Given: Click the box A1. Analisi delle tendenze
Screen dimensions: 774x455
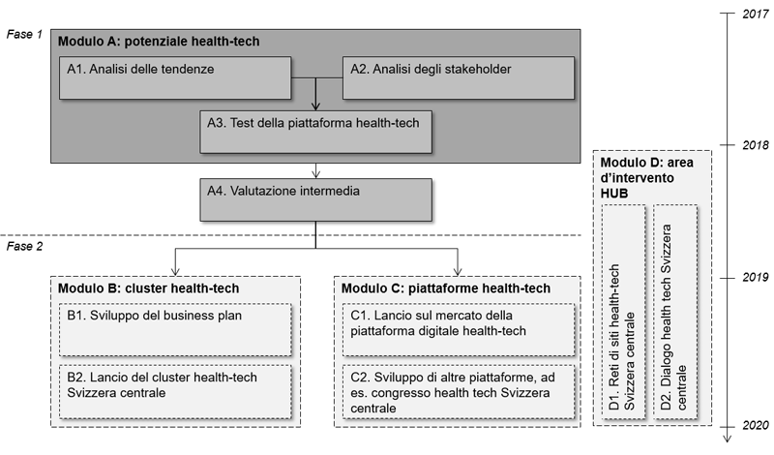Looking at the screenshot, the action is click(x=175, y=78).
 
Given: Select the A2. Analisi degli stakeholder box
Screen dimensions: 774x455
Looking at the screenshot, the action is click(x=459, y=78).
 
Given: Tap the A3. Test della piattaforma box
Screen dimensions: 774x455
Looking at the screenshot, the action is click(x=316, y=132).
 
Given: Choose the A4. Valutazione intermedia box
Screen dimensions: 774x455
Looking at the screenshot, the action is click(x=316, y=200).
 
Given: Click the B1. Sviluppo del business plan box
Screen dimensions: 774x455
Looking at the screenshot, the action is click(x=175, y=329).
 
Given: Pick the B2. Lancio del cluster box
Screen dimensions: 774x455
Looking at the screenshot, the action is click(x=175, y=391).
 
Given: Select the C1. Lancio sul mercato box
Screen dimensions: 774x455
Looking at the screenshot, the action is click(x=459, y=329).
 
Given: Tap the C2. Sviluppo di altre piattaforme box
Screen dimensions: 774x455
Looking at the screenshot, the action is click(x=459, y=391).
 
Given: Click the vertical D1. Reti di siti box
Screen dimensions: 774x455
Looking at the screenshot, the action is click(x=623, y=313).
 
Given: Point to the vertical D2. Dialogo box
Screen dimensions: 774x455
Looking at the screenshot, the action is click(x=675, y=313).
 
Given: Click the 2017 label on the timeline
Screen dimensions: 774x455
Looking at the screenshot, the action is click(x=756, y=14).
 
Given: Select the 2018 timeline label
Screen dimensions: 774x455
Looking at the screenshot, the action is click(x=756, y=145).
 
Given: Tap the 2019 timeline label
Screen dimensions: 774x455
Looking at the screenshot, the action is click(x=756, y=278).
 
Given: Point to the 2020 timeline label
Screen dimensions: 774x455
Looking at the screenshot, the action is click(x=756, y=425).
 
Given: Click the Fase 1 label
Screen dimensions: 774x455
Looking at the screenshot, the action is click(x=25, y=34).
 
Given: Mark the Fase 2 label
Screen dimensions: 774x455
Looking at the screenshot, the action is click(x=25, y=246).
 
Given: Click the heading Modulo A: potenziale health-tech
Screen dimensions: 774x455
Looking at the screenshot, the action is click(x=159, y=42).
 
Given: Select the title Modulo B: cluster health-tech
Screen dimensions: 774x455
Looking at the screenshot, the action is click(x=149, y=288).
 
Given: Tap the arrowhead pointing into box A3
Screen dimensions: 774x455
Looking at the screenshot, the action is click(x=316, y=106).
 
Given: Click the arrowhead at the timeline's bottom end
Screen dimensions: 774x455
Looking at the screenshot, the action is click(x=728, y=439).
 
